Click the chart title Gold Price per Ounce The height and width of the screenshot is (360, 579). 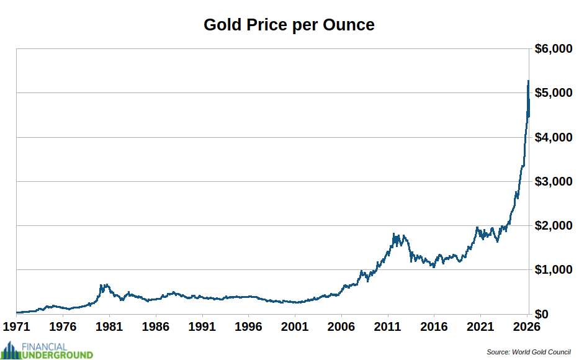point(289,25)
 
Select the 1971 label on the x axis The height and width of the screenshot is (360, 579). point(16,326)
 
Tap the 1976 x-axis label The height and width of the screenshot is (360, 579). point(63,326)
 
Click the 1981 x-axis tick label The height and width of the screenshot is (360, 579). point(109,326)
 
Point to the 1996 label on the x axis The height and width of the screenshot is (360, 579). point(248,326)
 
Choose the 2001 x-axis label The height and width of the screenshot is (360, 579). point(295,326)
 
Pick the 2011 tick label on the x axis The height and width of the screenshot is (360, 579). point(388,326)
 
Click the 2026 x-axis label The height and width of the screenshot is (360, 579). point(527,326)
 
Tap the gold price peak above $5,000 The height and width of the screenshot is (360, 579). point(527,81)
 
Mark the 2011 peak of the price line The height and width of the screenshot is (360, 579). point(394,235)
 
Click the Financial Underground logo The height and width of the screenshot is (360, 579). point(48,350)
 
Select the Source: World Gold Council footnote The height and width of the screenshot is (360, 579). point(528,352)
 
